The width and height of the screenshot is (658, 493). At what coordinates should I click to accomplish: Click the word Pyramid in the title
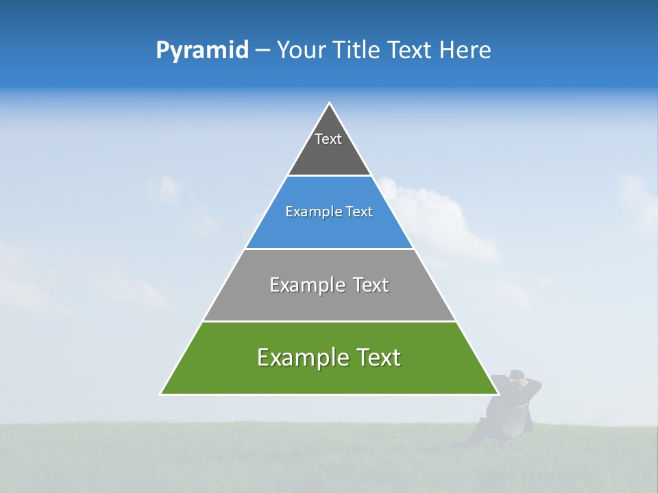coord(202,51)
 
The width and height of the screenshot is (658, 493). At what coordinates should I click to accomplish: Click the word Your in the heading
coord(301,51)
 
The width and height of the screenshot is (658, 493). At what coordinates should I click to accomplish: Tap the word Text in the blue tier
coord(359,212)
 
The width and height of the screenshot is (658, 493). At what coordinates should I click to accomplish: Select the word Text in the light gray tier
coord(371,285)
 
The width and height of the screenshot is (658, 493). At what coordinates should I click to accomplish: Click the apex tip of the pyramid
coord(329,104)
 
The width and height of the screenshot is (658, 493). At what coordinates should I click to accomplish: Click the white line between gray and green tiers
coord(329,321)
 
